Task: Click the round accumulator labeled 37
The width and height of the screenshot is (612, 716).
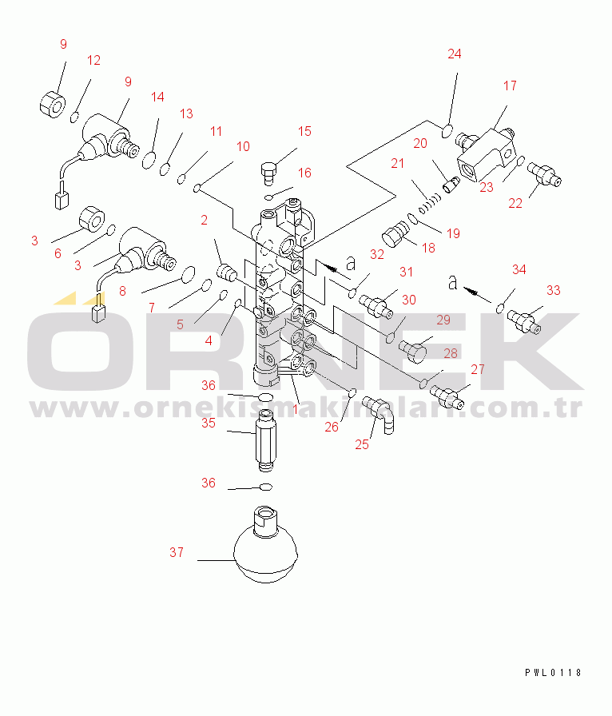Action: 265,546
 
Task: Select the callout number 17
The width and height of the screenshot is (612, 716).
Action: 510,86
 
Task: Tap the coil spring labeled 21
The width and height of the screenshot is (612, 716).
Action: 430,203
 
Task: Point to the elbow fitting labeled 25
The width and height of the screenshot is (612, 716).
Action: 379,414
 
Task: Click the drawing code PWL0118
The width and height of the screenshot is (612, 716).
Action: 553,672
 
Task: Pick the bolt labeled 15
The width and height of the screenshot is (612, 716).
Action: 269,173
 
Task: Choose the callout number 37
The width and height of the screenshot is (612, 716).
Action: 177,552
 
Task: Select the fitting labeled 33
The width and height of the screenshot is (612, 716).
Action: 524,320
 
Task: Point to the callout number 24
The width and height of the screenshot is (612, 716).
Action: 454,54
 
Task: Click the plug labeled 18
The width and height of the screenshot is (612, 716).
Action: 395,233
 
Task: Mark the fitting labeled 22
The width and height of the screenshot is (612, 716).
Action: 544,175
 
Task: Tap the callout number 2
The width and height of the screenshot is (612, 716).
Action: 205,220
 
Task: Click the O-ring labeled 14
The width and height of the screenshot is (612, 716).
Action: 149,161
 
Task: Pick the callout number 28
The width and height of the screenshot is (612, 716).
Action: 451,353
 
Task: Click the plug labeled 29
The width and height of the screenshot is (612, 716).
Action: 412,351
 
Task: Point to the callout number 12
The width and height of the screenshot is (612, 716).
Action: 93,60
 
